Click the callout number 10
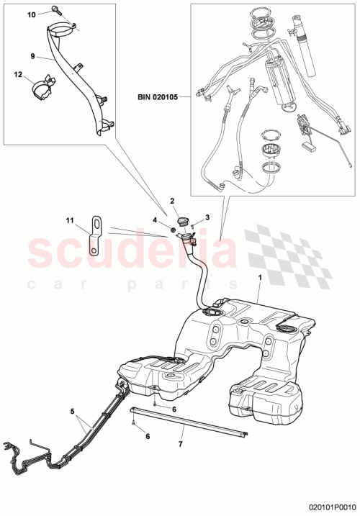(x=31, y=14)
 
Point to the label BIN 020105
(x=164, y=95)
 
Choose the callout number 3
(x=207, y=217)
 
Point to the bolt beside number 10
(x=55, y=10)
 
